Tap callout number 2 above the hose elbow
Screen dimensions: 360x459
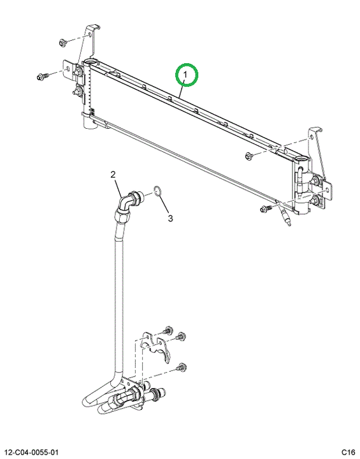(113, 175)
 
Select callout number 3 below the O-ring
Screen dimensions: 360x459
(170, 219)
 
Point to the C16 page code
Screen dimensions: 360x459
(349, 452)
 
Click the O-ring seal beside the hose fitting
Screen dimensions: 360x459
(157, 191)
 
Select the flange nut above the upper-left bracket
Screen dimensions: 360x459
(62, 43)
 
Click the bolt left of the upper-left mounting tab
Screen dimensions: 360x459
(42, 77)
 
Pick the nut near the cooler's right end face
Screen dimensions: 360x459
(249, 156)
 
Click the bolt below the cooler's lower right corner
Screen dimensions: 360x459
(266, 208)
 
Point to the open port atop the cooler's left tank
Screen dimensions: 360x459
(91, 62)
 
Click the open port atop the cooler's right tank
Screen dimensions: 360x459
(302, 159)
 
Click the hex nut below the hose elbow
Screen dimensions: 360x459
(122, 217)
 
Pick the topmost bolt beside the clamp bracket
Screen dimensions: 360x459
(167, 330)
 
